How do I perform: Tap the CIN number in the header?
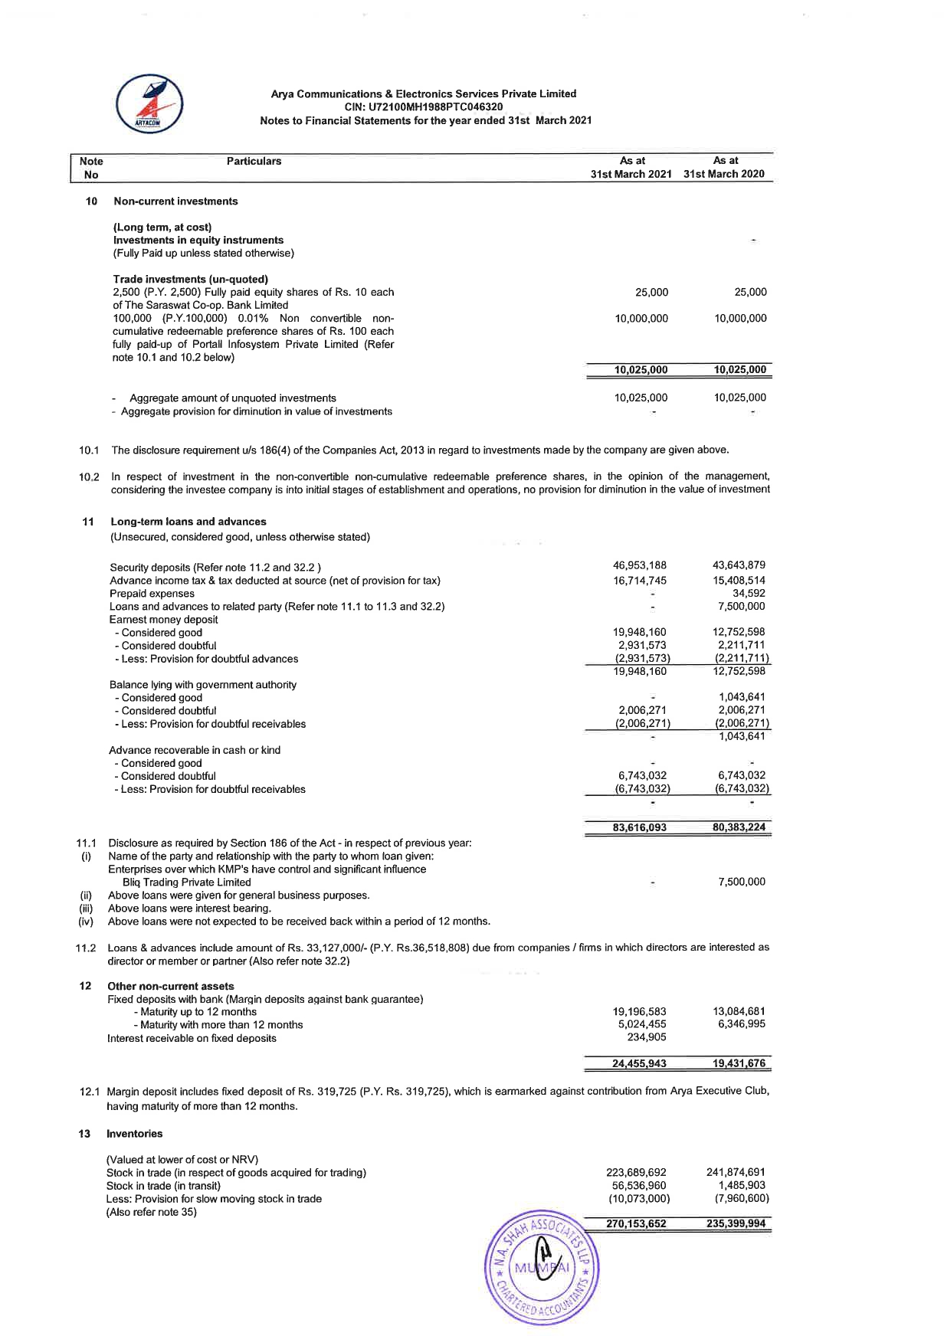(x=424, y=107)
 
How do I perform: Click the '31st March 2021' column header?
(x=631, y=175)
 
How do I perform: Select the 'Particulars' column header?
(x=254, y=162)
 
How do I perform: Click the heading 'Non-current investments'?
(x=175, y=201)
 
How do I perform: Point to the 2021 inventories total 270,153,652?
(x=636, y=1224)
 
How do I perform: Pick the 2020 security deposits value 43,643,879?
(x=739, y=566)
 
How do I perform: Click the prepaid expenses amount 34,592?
(x=749, y=594)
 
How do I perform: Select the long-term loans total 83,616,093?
(x=640, y=828)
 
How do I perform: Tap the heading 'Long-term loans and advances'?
(x=188, y=522)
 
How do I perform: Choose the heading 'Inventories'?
(x=134, y=1134)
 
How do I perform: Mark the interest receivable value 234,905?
(x=647, y=1038)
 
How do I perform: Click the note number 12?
(x=86, y=986)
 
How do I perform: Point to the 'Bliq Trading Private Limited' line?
(x=186, y=882)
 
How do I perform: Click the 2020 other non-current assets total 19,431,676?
(x=739, y=1064)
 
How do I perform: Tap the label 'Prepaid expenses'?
(x=152, y=594)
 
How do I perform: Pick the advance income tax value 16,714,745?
(x=640, y=581)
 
